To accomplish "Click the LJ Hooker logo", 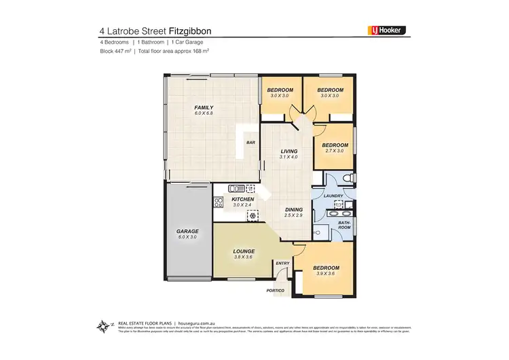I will [386, 31].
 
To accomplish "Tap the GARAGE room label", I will [188, 231].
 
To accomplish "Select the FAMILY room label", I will [204, 107].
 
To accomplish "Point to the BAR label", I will [250, 143].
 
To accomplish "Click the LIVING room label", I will [289, 151].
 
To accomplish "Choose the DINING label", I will [293, 209].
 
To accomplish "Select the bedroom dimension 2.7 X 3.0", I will [335, 150].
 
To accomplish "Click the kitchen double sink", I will [235, 188].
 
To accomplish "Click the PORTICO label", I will [276, 290].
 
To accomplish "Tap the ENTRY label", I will [283, 263].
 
